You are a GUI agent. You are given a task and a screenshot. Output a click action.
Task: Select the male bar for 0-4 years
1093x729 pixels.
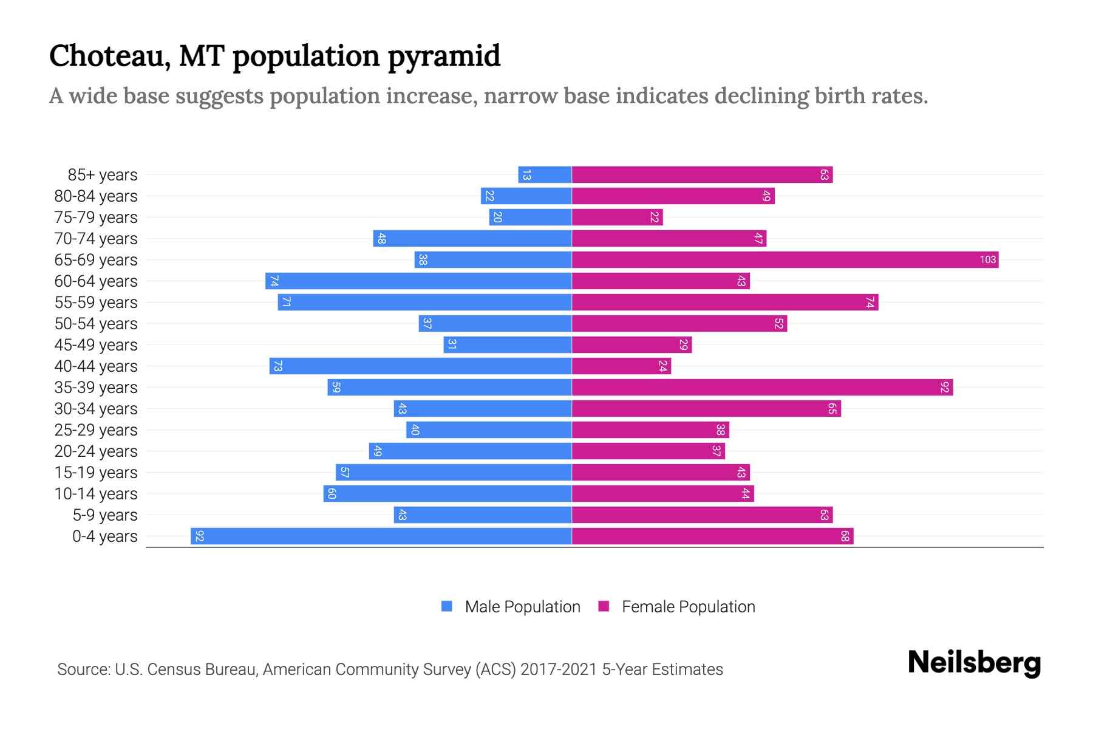tap(381, 536)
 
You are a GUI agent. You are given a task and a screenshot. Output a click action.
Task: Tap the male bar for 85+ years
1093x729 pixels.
tap(545, 175)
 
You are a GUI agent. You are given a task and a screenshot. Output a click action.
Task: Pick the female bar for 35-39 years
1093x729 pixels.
tap(762, 388)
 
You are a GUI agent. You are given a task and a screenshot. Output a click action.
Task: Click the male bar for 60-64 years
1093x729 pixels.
tap(418, 281)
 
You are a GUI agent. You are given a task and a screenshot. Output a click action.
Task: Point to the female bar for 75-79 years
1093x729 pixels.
tap(617, 217)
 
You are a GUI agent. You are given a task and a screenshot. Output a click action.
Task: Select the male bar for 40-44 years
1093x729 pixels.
tap(420, 366)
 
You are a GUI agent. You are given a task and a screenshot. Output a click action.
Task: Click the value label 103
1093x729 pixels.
tap(987, 260)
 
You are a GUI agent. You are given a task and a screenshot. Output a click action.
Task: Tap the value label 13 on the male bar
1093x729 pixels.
tap(526, 175)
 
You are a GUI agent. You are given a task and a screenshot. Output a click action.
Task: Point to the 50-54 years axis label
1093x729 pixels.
tap(96, 324)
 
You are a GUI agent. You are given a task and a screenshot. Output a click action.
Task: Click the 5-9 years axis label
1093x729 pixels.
tap(104, 515)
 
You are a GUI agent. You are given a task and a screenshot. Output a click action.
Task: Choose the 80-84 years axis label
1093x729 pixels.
tap(96, 196)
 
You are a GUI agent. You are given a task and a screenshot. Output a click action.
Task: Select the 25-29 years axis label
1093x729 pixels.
tap(96, 430)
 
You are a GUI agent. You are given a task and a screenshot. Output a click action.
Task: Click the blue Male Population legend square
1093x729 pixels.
tap(447, 606)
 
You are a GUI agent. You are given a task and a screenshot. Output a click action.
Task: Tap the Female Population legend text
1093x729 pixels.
tap(688, 607)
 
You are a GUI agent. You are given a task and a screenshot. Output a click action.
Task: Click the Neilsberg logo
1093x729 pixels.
tap(974, 663)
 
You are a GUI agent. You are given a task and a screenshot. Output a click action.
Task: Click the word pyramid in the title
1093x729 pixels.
tap(444, 56)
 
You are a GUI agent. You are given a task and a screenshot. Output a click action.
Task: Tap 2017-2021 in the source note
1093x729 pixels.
tap(559, 669)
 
